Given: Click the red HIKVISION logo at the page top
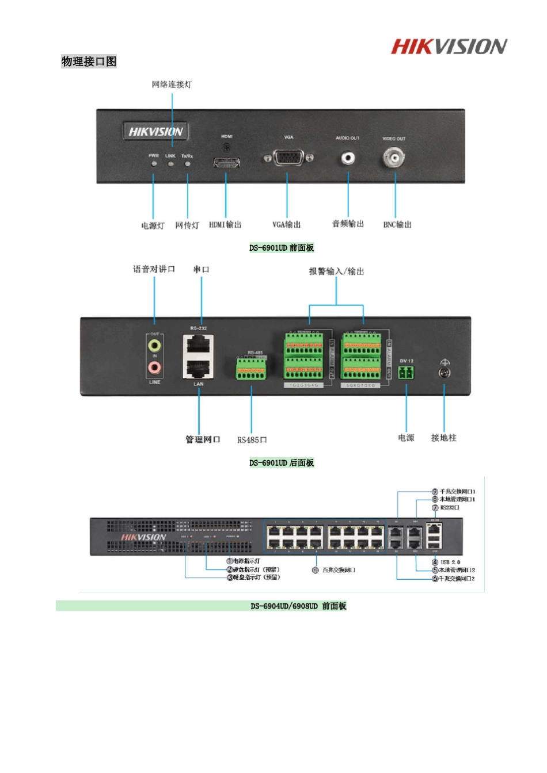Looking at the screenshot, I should (449, 47).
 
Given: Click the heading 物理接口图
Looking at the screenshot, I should (89, 62).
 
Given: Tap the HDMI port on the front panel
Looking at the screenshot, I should (227, 162).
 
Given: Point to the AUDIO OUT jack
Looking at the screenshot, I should (348, 158).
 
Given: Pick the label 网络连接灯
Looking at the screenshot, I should (172, 85).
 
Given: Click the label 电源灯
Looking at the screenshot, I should (153, 225).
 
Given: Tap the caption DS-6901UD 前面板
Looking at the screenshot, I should (282, 248).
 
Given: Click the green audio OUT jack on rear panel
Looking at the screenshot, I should (154, 346).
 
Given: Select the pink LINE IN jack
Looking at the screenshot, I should (154, 367).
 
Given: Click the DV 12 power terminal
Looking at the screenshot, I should (407, 373).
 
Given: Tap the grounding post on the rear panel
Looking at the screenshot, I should (445, 372).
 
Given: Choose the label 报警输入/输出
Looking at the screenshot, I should (336, 271).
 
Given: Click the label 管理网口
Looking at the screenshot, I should (202, 439).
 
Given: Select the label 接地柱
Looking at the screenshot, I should (443, 438).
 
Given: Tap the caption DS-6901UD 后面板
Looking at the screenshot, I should (282, 463).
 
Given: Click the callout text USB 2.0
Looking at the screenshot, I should (450, 562).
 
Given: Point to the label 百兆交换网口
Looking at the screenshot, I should (339, 570).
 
